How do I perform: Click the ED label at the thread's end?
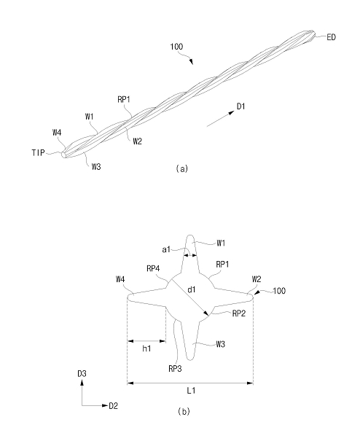(331, 37)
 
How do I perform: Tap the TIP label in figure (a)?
(38, 152)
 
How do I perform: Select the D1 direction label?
(240, 106)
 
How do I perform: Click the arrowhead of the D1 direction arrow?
(231, 113)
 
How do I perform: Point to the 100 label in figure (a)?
(176, 47)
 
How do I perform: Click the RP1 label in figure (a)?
(124, 99)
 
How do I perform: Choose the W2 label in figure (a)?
(137, 141)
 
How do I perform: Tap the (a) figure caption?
(182, 168)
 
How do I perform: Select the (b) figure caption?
(184, 411)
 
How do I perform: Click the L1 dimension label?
(191, 391)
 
